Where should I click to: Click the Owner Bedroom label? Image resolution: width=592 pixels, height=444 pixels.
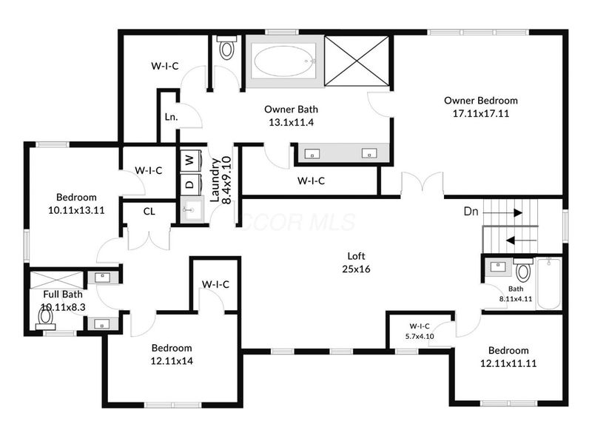click(x=480, y=101)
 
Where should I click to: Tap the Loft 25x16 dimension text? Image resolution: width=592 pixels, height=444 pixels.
click(x=356, y=269)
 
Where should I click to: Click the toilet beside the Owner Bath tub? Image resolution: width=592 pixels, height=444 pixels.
click(x=226, y=47)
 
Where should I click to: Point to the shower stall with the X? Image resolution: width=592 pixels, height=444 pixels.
click(x=357, y=61)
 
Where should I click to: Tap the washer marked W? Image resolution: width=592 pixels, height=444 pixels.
click(x=191, y=161)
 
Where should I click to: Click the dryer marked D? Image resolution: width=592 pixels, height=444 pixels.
click(x=191, y=184)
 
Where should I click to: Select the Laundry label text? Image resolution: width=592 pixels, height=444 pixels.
click(x=214, y=180)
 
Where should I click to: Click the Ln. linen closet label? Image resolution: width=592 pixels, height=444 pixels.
click(x=172, y=117)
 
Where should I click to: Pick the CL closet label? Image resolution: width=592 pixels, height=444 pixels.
click(x=149, y=212)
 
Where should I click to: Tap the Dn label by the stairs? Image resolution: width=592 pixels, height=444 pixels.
click(x=471, y=212)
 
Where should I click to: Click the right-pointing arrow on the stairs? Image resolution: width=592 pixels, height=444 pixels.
click(x=503, y=213)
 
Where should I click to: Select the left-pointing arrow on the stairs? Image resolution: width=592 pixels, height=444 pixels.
click(x=521, y=240)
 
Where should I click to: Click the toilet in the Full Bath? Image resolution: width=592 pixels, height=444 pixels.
click(x=46, y=318)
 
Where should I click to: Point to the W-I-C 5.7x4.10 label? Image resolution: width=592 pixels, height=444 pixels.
click(x=420, y=331)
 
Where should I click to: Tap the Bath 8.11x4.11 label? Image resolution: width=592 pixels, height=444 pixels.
click(x=516, y=294)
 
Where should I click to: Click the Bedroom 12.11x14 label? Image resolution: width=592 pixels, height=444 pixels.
click(x=172, y=354)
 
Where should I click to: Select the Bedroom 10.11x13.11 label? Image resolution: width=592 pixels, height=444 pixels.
click(x=76, y=203)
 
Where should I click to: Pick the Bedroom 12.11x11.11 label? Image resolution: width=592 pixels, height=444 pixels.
click(x=508, y=357)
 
